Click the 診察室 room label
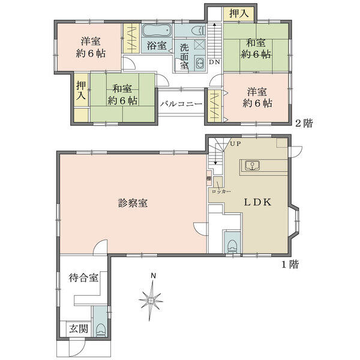[x=133, y=203]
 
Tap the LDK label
[x=257, y=202]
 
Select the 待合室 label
[x=83, y=278]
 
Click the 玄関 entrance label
[x=79, y=329]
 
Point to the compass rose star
[x=151, y=300]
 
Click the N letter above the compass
[x=153, y=276]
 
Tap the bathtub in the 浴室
[x=157, y=31]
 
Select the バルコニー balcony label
[x=181, y=104]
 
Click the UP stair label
[x=235, y=144]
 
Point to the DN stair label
[x=214, y=62]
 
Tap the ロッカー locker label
[x=221, y=191]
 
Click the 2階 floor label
[x=304, y=124]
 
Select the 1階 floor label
[x=290, y=265]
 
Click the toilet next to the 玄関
[x=100, y=329]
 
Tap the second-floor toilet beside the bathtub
[x=199, y=31]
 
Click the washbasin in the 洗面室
[x=200, y=62]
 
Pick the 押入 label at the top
[x=239, y=14]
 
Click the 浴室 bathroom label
[x=157, y=46]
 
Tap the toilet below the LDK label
[x=232, y=247]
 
